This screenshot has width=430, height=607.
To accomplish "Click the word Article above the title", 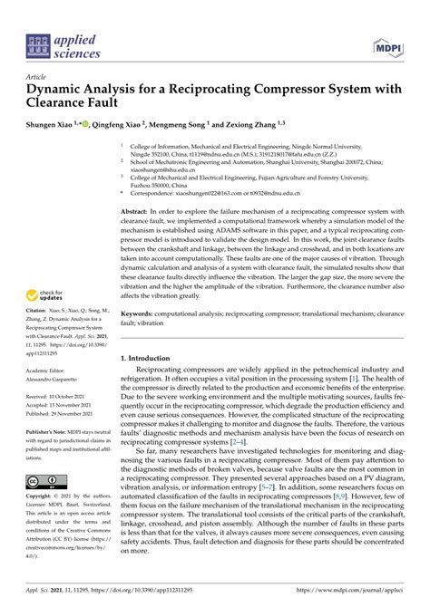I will coord(36,80).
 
